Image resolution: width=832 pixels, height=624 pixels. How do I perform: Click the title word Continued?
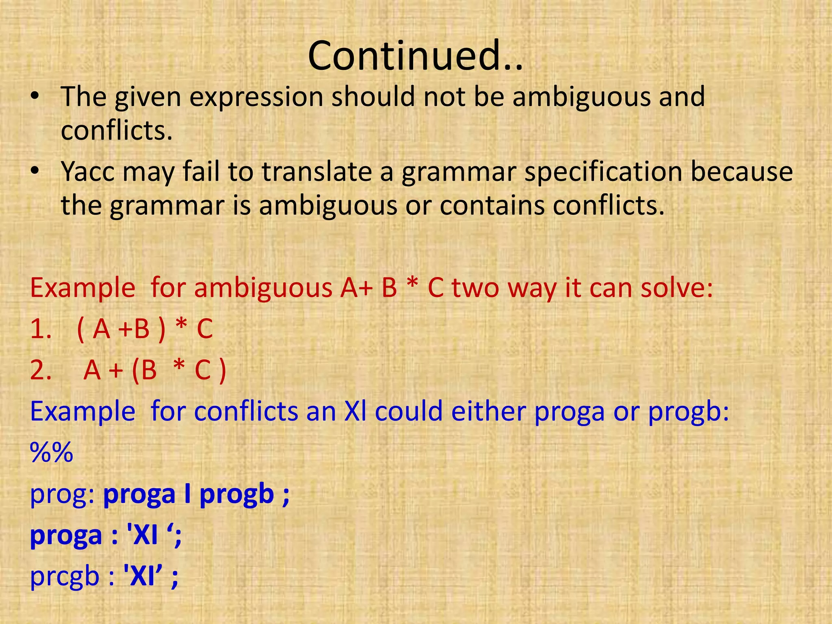415,56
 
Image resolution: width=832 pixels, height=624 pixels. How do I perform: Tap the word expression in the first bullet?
256,97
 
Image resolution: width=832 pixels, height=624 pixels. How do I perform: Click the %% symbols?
52,453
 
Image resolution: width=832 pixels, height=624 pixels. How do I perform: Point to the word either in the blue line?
488,412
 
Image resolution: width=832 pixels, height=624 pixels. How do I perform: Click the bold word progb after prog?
237,494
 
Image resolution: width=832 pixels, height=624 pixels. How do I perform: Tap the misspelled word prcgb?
65,577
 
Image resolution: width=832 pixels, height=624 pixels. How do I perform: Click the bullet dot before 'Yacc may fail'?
35,171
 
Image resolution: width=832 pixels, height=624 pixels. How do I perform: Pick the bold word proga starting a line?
66,535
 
